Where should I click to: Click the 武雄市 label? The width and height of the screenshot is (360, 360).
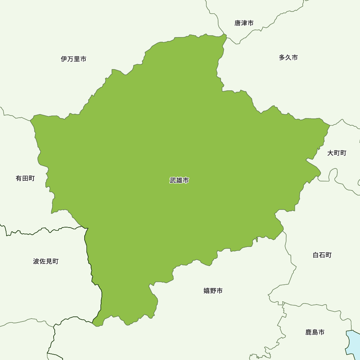click(179, 180)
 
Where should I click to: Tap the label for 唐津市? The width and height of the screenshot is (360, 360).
click(244, 23)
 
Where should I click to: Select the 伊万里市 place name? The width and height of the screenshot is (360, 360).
click(73, 59)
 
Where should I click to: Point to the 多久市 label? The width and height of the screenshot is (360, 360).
click(288, 58)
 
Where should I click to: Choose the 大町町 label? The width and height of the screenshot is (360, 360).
click(337, 153)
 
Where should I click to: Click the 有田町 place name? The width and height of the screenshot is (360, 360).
click(25, 178)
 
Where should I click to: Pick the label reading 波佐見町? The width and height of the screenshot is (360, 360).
click(46, 261)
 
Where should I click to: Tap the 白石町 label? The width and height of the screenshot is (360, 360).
click(322, 255)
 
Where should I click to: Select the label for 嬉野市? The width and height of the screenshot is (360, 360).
click(213, 291)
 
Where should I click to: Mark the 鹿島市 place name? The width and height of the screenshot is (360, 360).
click(315, 332)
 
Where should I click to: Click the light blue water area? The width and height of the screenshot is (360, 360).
click(353, 342)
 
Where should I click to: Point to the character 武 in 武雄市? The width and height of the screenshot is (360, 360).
click(173, 180)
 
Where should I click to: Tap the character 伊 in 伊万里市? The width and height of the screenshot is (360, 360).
click(64, 59)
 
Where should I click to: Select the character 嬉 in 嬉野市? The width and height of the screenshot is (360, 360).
click(207, 291)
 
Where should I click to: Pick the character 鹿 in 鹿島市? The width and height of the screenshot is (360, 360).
click(309, 332)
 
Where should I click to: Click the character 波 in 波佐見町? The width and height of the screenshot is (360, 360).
click(36, 261)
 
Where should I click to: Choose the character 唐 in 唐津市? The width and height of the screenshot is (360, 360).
click(238, 23)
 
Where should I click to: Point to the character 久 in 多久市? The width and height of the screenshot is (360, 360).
click(288, 58)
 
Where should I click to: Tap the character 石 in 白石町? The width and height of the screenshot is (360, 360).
click(322, 255)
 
